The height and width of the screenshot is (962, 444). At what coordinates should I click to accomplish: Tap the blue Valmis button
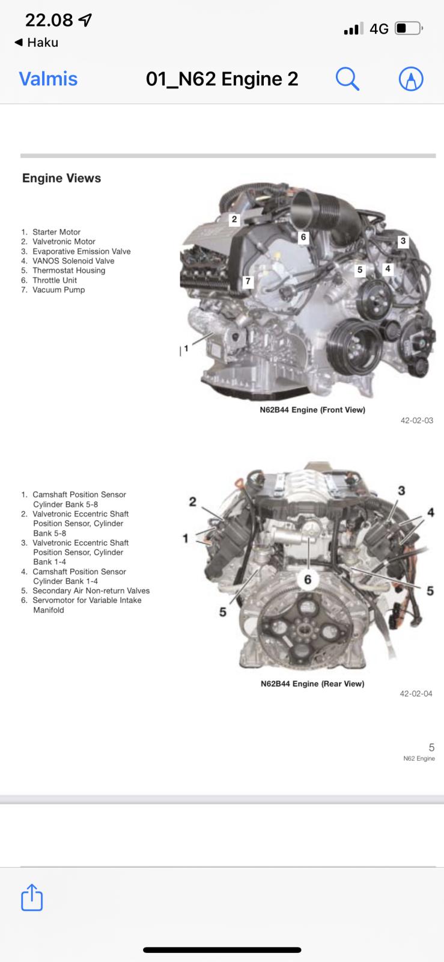click(49, 79)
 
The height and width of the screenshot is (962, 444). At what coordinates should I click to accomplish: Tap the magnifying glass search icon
click(347, 79)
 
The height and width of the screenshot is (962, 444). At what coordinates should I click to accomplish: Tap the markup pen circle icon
click(411, 79)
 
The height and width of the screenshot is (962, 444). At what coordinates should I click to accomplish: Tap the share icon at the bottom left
click(32, 897)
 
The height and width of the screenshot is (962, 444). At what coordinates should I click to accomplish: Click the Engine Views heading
click(62, 178)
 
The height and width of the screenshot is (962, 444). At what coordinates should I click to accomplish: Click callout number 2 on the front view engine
click(234, 219)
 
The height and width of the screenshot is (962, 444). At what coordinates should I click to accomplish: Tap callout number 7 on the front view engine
click(248, 281)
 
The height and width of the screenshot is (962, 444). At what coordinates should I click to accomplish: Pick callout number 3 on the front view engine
click(403, 241)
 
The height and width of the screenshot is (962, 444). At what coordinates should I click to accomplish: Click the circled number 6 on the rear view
click(308, 580)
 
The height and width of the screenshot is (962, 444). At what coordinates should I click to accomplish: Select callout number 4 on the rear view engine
click(431, 512)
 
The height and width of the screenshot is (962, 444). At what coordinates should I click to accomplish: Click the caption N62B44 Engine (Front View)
click(312, 409)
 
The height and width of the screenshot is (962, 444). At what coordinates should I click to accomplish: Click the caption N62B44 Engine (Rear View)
click(312, 684)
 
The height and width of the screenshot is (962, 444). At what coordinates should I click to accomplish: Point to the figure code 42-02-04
click(416, 694)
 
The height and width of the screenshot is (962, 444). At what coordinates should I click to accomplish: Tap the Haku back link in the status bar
click(37, 43)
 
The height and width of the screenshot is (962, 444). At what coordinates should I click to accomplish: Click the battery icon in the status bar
click(409, 28)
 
